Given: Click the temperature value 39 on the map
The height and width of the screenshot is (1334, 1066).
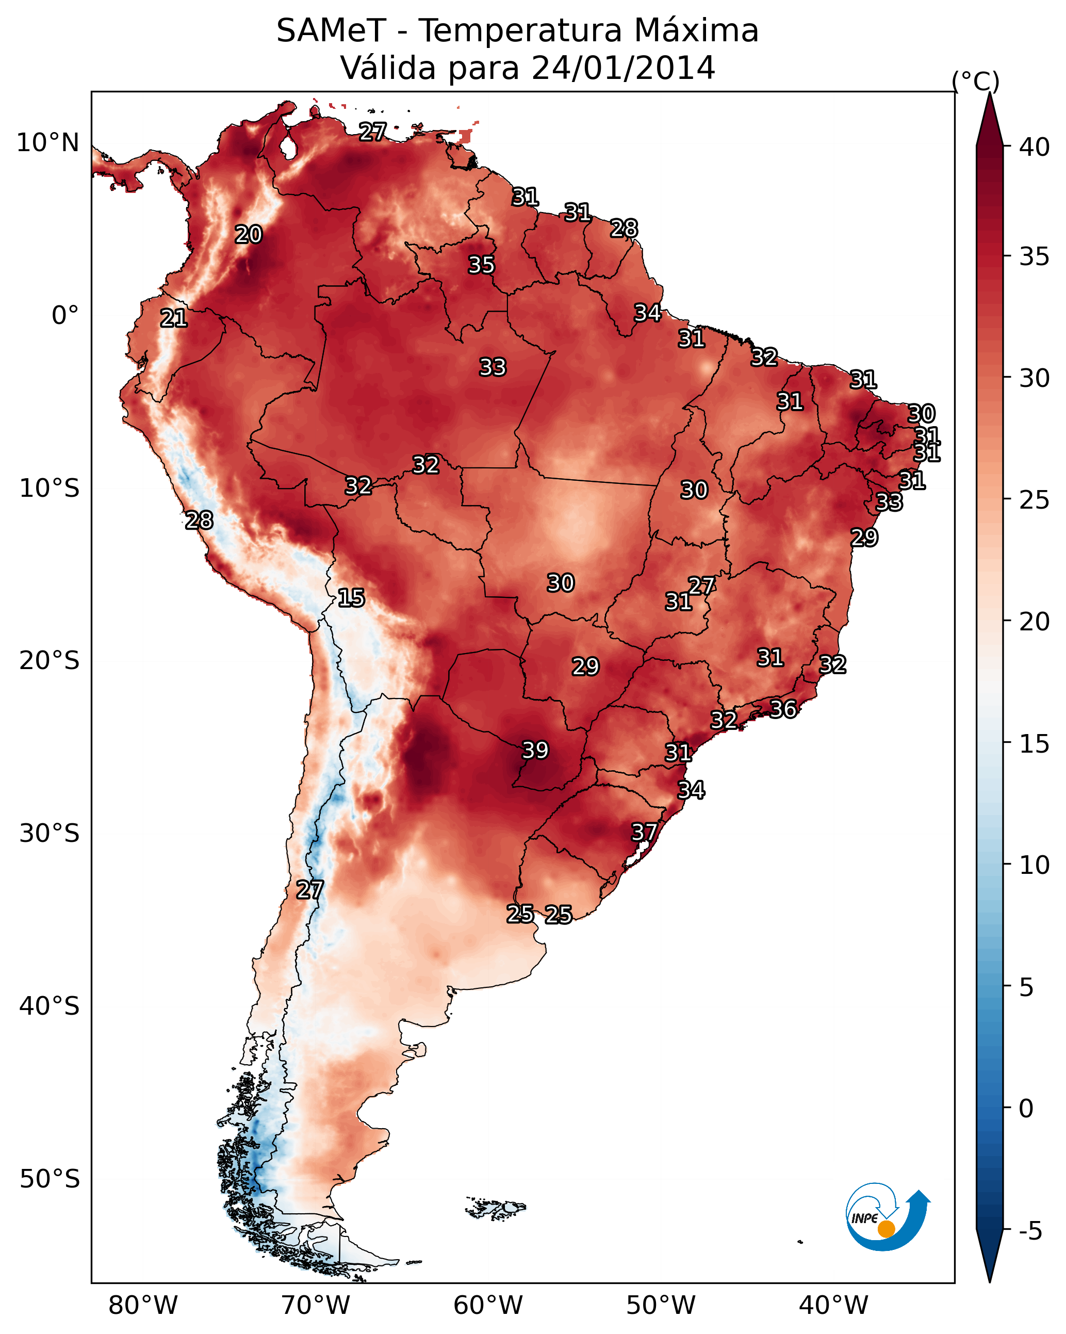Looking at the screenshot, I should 535,750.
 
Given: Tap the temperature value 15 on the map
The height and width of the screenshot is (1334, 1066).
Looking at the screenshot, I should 351,598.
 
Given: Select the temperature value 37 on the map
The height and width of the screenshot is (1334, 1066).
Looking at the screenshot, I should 644,832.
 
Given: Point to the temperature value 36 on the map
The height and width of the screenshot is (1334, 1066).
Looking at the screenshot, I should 783,709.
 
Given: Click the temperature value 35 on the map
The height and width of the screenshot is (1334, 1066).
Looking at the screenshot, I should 481,265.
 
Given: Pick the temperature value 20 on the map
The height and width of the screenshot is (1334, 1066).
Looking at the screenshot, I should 249,235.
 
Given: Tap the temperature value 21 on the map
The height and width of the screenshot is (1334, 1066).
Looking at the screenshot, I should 174,319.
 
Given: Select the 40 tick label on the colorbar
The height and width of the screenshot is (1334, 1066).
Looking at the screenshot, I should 1035,147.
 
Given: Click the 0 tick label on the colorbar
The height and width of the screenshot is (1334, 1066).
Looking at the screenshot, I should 1026,1109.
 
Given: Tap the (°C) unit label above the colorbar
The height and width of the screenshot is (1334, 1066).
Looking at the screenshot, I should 976,81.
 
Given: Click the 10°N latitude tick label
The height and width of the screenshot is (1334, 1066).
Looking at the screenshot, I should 47,143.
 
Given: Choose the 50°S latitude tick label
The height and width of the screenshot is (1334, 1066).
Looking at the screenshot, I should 50,1179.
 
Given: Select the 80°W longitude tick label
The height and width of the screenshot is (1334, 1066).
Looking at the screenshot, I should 143,1305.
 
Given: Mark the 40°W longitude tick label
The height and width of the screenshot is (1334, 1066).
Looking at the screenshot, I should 833,1305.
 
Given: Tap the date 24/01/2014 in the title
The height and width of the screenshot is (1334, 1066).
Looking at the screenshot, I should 623,68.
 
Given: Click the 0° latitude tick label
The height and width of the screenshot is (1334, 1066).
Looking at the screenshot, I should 65,316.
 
